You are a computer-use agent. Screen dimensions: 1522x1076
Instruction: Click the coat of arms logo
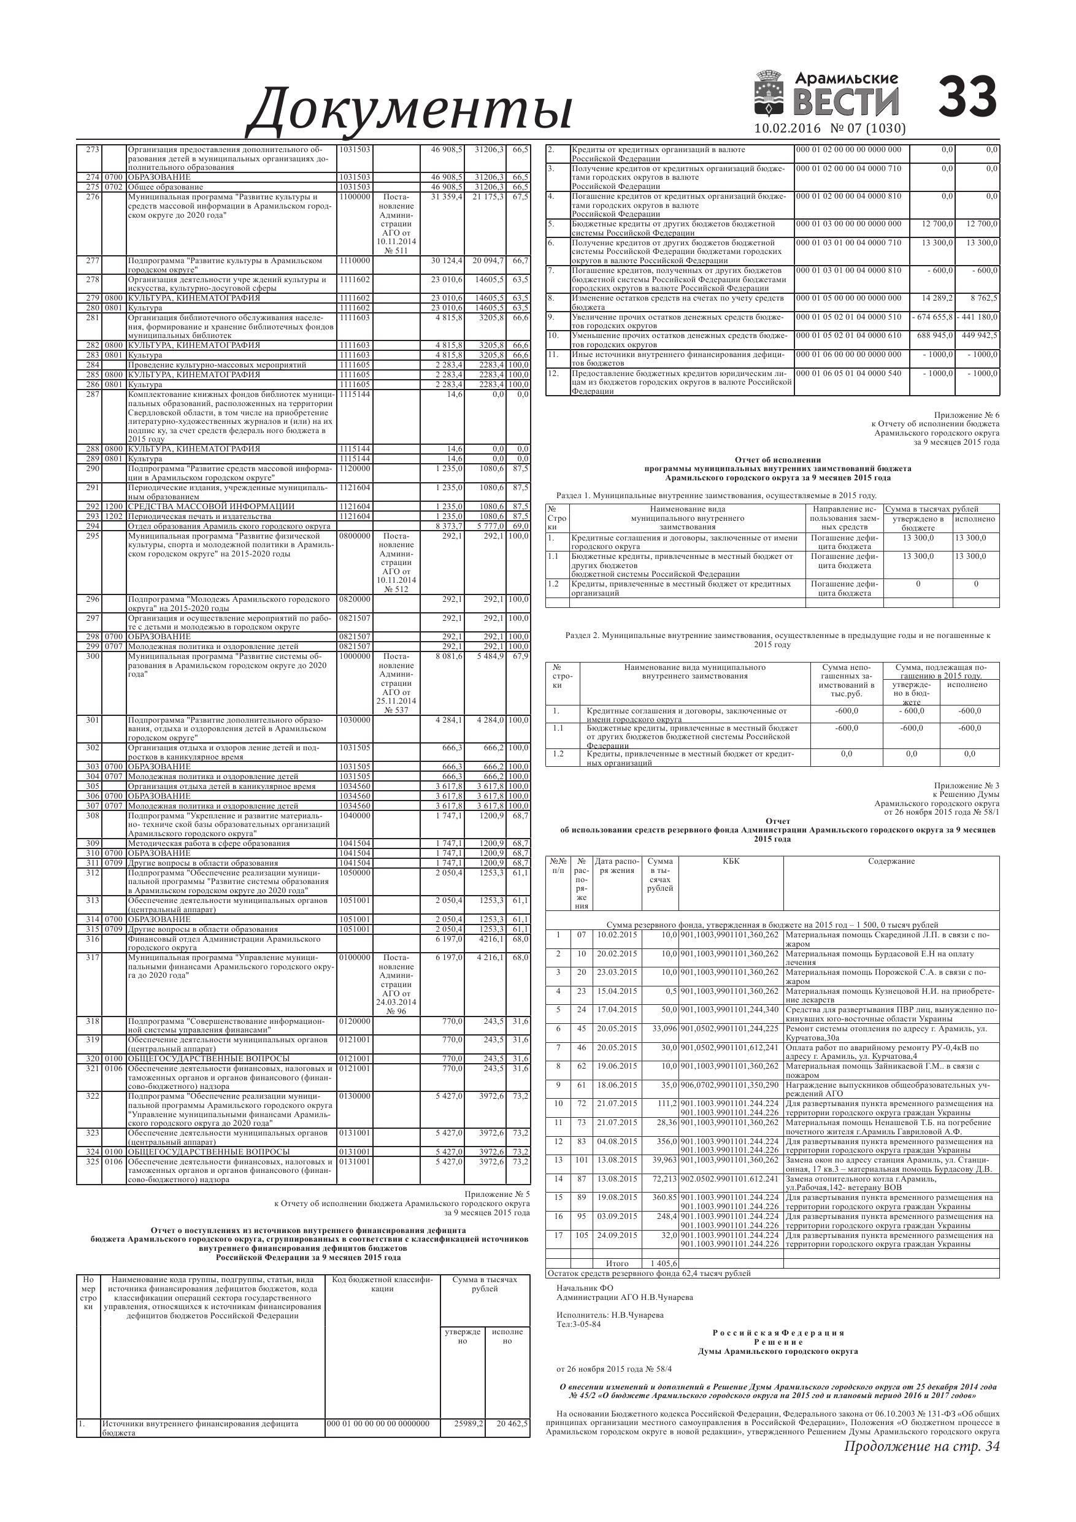(x=770, y=96)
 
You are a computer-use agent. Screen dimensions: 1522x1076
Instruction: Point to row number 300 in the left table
(x=93, y=656)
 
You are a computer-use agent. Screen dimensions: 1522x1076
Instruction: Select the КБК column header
(x=731, y=861)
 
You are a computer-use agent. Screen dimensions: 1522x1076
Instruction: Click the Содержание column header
(x=891, y=861)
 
